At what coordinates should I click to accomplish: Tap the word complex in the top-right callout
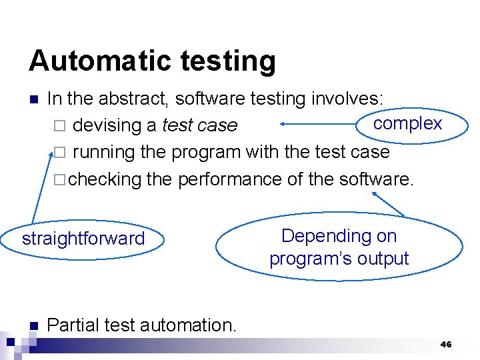click(x=407, y=123)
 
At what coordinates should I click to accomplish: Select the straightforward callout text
click(x=83, y=239)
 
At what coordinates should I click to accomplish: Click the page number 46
click(x=446, y=345)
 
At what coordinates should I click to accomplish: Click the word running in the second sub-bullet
click(x=104, y=152)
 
